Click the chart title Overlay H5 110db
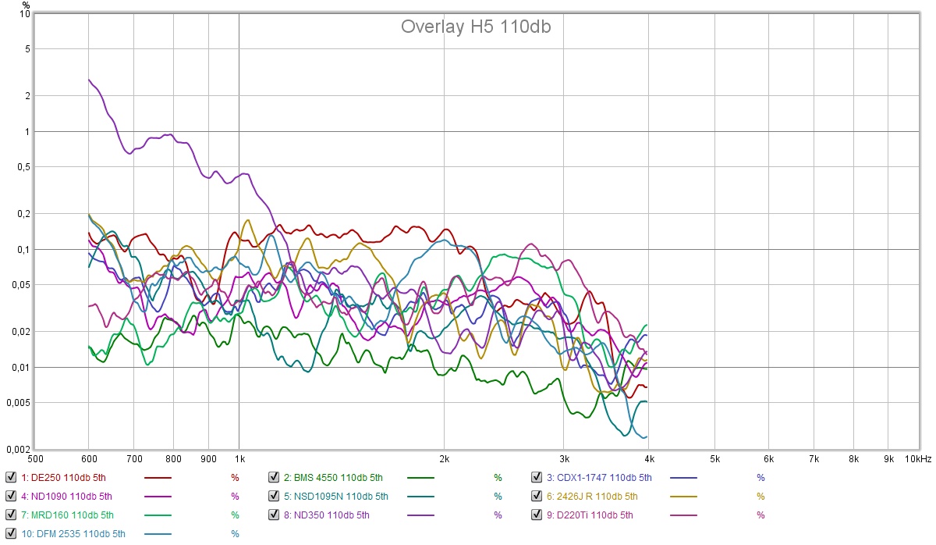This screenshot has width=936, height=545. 476,27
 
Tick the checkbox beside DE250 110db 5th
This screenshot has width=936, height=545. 10,477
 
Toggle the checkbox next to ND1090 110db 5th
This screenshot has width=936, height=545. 10,496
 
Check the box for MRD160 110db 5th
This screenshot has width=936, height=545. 10,515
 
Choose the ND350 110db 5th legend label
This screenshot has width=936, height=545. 326,515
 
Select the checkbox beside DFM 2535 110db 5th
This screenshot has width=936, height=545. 10,533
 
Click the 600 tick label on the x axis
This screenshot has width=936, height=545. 88,459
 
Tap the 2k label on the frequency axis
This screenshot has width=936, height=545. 445,459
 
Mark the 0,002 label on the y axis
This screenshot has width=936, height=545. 19,450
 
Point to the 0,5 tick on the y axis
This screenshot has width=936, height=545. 23,167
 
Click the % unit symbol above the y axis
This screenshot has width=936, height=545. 26,5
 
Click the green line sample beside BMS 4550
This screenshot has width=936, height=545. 442,477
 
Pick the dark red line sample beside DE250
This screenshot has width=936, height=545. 158,477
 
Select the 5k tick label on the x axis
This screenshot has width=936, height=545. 715,459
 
